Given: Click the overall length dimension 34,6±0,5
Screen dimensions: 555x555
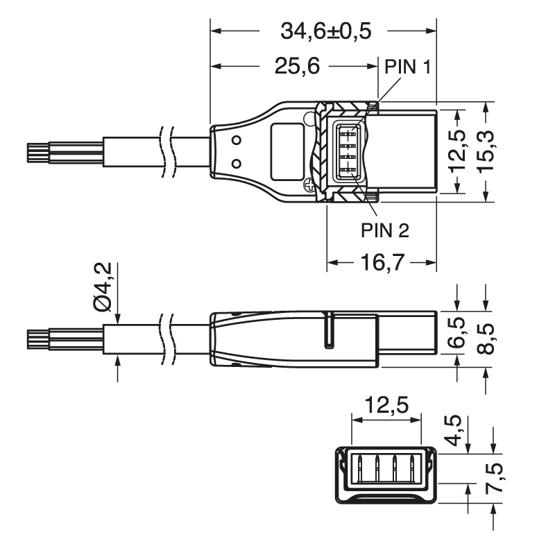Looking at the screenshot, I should pyautogui.click(x=325, y=31).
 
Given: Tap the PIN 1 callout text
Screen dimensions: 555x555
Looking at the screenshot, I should pyautogui.click(x=409, y=67).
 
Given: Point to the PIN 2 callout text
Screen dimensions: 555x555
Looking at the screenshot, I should pyautogui.click(x=384, y=230).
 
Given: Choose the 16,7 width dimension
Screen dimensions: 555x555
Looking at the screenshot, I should pyautogui.click(x=383, y=263).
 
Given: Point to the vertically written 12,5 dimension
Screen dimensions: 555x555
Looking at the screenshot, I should pyautogui.click(x=458, y=153).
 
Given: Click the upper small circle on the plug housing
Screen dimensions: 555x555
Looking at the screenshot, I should pyautogui.click(x=237, y=141).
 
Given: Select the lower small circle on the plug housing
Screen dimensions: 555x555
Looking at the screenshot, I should pyautogui.click(x=237, y=164).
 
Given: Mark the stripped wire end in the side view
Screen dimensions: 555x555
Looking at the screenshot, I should pyautogui.click(x=36, y=339).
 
